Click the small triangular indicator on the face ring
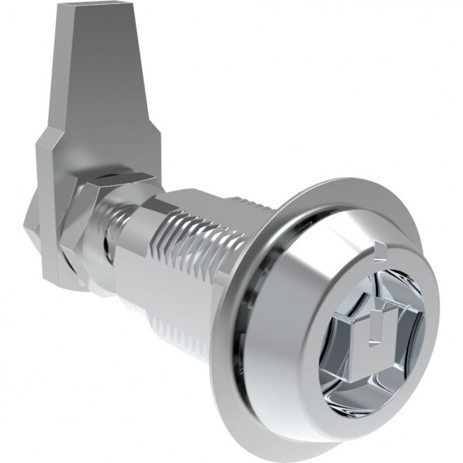point(379,249)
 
